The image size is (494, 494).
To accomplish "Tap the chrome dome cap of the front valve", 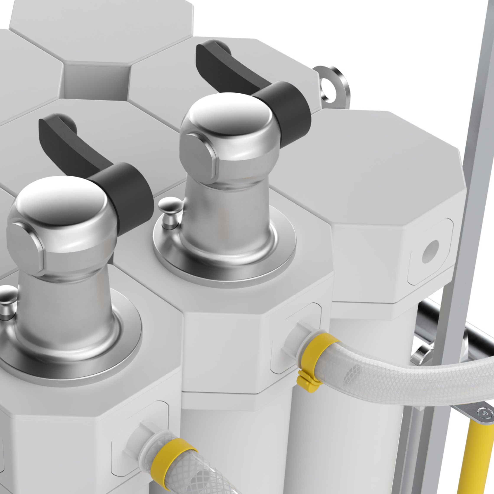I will click(61, 202).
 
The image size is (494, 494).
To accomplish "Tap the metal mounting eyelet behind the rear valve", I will click(332, 86).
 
